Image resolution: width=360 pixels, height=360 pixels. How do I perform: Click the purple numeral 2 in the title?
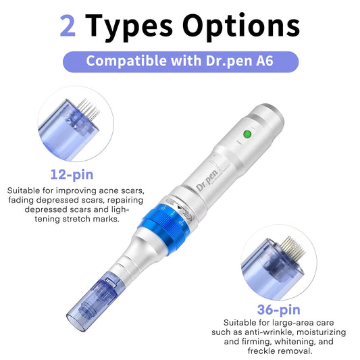(68, 26)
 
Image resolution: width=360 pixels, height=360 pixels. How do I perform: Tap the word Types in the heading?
(129, 27)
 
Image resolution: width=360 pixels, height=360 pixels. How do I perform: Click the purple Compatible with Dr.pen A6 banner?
(180, 61)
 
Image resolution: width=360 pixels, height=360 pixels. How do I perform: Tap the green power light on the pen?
(247, 134)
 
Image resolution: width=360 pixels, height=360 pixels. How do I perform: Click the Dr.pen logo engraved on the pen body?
(207, 180)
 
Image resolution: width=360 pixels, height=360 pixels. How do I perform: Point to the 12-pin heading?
(72, 175)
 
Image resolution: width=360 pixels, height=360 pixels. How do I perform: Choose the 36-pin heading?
(278, 310)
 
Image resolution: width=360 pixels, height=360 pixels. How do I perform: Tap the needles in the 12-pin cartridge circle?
(88, 109)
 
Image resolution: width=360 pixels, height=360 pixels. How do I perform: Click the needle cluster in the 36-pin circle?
(292, 249)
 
